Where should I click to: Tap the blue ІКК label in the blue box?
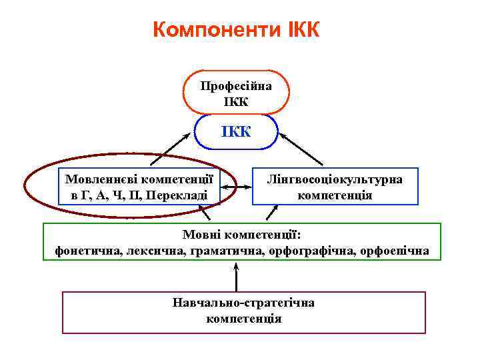[x=237, y=130]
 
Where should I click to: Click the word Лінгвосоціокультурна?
[x=335, y=179]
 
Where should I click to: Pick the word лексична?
[x=150, y=251]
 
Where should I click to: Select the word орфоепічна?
[x=394, y=251]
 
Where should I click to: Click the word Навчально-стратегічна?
[x=243, y=303]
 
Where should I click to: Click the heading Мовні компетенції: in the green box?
[x=242, y=235]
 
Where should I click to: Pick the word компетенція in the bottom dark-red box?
[x=244, y=319]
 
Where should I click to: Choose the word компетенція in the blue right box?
[x=335, y=195]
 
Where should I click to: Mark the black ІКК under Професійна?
[x=236, y=102]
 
